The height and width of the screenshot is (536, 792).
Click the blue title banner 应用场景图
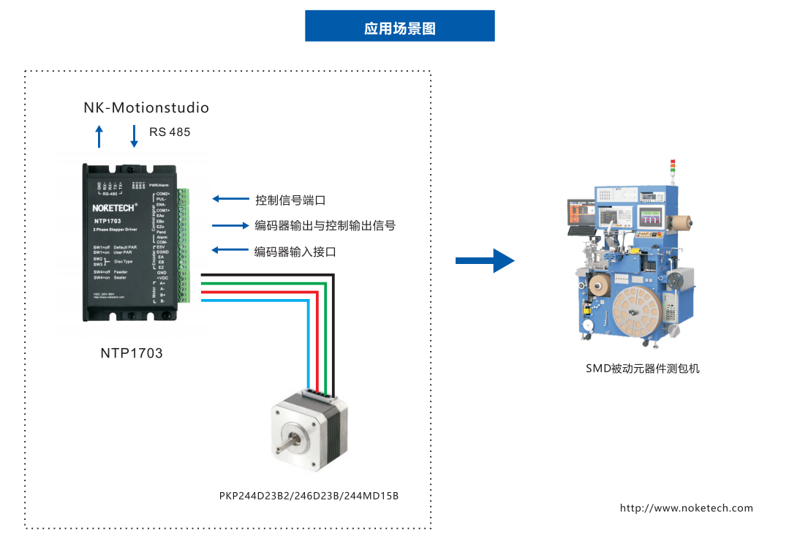point(399,26)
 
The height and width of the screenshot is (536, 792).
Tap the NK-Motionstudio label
point(146,108)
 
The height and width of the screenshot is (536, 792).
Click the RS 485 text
point(170,132)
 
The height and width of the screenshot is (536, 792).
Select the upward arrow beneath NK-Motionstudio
point(100,136)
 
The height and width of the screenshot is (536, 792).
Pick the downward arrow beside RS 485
point(134,135)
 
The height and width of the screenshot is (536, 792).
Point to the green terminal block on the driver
point(184,245)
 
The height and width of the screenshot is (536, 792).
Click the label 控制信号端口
point(290,200)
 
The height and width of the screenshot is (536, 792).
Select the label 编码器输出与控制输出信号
point(325,225)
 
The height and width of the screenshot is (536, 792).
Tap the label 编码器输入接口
point(295,252)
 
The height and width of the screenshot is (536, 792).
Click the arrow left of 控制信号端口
point(230,198)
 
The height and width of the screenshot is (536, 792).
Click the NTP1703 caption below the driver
point(132,353)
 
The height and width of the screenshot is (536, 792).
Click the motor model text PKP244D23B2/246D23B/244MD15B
point(309,496)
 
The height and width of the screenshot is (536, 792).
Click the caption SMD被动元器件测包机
point(642,369)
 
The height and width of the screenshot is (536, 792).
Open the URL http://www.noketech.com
point(686,508)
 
